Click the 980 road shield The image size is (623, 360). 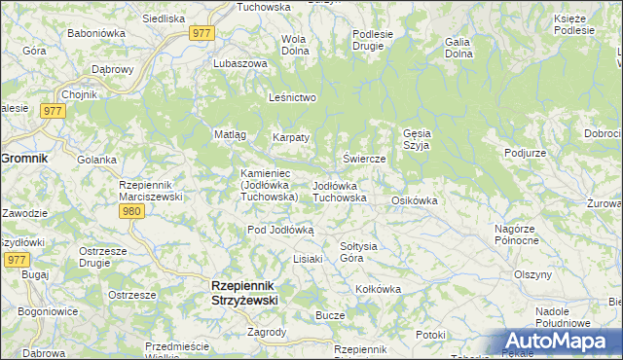pos(133,211)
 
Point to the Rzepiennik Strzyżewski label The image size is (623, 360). pos(244,294)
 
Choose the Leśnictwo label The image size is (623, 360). pos(293,97)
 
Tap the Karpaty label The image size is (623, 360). pos(290,137)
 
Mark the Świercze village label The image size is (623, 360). pos(366,159)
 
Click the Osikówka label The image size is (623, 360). pos(414,200)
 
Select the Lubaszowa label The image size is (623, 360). pos(240,63)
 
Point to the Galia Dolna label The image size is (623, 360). pos(458,48)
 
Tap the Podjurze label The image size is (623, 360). pos(525,154)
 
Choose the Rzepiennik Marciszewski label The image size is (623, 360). pos(145,190)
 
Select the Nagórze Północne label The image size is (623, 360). pos(517,234)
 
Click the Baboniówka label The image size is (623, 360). pos(93,33)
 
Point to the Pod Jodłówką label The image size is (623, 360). pos(280,230)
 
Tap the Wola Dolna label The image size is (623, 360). pos(294,45)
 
